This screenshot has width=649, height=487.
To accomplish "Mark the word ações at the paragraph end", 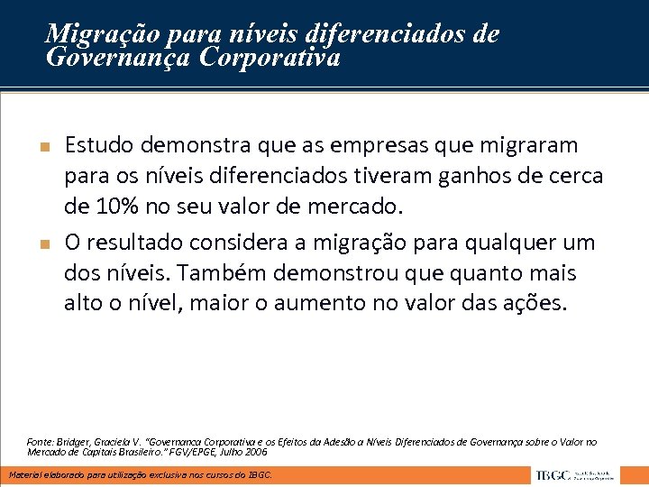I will [538, 303].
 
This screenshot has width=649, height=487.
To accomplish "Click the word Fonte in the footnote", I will [40, 442].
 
